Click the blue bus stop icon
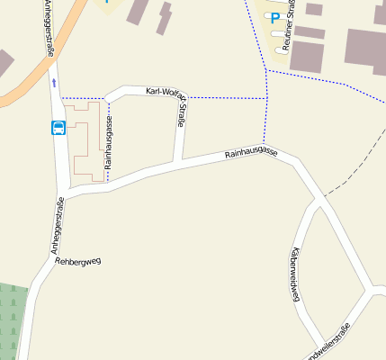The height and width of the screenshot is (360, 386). tap(59, 128)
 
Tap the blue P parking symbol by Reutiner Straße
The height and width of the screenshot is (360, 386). tap(275, 18)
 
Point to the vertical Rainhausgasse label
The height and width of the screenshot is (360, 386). tap(108, 144)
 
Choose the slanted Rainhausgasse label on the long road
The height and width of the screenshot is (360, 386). tap(251, 154)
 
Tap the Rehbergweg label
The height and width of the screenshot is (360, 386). tap(78, 261)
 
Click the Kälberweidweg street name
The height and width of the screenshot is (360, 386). tap(294, 275)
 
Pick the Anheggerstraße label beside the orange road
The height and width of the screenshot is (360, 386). tap(46, 27)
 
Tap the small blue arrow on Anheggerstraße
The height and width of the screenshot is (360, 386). tap(54, 82)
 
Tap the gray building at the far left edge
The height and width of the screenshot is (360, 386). tap(4, 63)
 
